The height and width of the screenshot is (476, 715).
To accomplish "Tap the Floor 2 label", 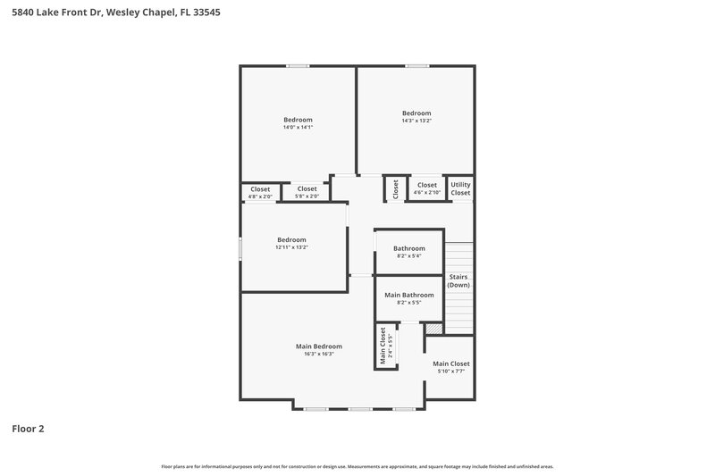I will coord(28,429).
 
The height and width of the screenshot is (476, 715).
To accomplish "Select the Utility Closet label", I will coord(460,188).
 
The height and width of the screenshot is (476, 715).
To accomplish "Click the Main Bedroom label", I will coord(318,347).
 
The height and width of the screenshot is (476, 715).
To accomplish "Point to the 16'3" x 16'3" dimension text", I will coord(318,355).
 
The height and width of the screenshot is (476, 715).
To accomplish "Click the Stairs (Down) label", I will coord(458,280).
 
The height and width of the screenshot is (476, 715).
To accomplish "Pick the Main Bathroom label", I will coord(408,295).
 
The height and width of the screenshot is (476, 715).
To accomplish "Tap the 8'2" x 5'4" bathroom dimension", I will coord(408,256).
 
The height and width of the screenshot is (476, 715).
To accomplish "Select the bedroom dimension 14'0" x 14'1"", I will coord(298,128).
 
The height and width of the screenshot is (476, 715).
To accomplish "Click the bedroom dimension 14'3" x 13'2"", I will coord(416,121).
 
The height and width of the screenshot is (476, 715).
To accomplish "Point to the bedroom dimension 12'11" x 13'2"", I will coord(291,247).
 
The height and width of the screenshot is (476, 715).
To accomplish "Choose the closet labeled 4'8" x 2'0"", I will coord(260,192).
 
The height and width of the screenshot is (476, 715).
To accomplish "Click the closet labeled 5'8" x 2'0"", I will coord(307,192).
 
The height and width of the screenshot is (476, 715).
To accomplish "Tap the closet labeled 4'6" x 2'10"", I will coord(426,188).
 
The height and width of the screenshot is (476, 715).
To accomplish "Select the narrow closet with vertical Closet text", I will coord(395,188).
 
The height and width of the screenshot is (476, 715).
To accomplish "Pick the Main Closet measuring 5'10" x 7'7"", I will coord(450,367).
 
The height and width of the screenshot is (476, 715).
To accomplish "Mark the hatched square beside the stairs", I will coord(433,330).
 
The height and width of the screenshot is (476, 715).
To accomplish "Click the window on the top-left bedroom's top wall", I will coord(299,65).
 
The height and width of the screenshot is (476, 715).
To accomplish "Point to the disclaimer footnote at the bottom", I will coord(357,466).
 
